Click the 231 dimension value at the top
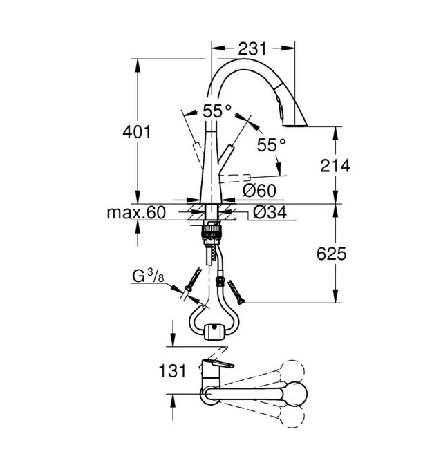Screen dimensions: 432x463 (x=252, y=48)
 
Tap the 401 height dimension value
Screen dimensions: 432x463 (x=137, y=132)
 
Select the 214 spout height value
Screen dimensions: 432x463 (x=335, y=166)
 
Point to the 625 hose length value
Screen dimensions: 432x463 (x=331, y=254)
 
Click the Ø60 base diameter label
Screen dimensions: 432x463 (x=259, y=191)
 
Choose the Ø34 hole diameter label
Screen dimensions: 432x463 (x=270, y=212)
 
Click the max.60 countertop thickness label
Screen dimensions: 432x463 (x=136, y=212)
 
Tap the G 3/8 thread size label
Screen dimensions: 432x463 (x=148, y=276)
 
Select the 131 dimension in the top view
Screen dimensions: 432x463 (x=172, y=370)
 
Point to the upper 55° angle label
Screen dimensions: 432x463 (x=217, y=111)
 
